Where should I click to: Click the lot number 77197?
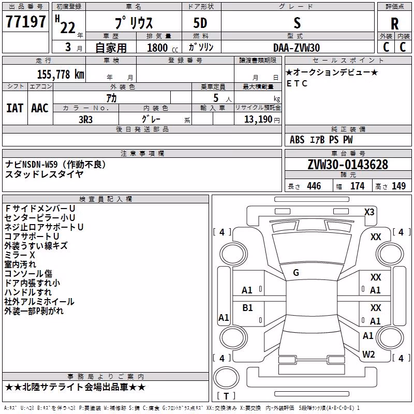point(25,22)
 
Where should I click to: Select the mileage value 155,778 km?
point(61,75)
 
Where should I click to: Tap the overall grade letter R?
point(394,24)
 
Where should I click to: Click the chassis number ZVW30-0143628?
point(348,165)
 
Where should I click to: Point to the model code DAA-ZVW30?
point(297,48)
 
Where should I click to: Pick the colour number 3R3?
point(85,120)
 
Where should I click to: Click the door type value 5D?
point(200,23)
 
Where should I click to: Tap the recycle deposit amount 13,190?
point(258,120)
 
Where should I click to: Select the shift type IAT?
point(14,108)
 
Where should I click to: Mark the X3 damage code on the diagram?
point(369,212)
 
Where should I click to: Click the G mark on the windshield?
point(296,273)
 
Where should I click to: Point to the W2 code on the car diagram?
point(368,354)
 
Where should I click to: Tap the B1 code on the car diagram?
point(247,308)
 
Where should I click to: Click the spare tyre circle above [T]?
point(226,378)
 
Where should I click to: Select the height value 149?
point(398,186)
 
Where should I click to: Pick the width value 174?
point(357,186)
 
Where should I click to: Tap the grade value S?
point(297,23)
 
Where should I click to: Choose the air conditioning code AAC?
point(40,108)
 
